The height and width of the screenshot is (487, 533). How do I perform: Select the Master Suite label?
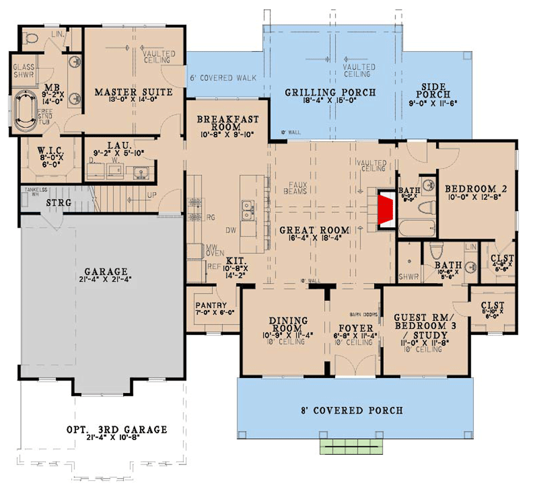click(133, 93)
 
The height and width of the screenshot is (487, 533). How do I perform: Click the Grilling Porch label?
click(330, 93)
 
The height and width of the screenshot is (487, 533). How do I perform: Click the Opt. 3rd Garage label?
click(116, 430)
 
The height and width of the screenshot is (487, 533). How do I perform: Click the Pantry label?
click(211, 306)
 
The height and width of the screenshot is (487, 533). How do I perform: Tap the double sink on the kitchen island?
click(247, 211)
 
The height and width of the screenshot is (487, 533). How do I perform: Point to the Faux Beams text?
click(295, 187)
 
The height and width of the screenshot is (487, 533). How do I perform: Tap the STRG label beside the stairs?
click(58, 202)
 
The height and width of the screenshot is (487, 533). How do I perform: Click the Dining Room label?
click(288, 324)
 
